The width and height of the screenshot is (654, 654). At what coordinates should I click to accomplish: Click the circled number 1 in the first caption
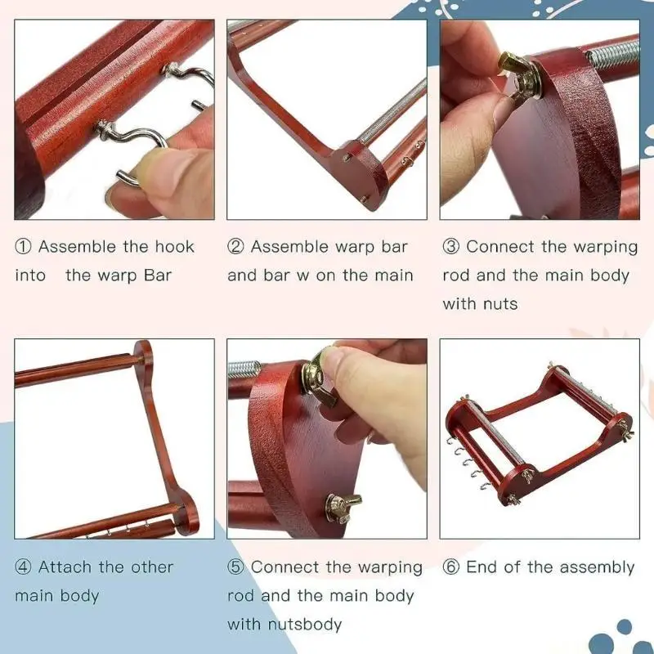tap(23, 247)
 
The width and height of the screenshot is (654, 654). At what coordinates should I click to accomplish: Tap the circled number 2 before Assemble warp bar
tap(235, 247)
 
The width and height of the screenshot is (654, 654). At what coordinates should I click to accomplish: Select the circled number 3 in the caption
tap(450, 247)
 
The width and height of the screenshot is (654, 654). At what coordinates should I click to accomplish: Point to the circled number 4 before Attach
tap(23, 567)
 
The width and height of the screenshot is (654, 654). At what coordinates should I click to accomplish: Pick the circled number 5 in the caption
tap(235, 567)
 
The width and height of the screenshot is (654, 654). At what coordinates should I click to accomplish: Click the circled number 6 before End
tap(450, 567)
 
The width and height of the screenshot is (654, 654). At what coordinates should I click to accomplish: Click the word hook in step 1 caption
tap(175, 247)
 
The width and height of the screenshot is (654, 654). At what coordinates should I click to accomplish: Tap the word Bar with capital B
tap(158, 275)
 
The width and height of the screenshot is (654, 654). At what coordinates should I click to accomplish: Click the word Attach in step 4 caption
tap(64, 567)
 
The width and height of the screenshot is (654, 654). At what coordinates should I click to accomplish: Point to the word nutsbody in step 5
tap(304, 625)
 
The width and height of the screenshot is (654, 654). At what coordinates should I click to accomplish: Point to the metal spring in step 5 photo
tap(243, 370)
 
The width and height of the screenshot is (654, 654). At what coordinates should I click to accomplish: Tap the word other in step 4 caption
tap(152, 567)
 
